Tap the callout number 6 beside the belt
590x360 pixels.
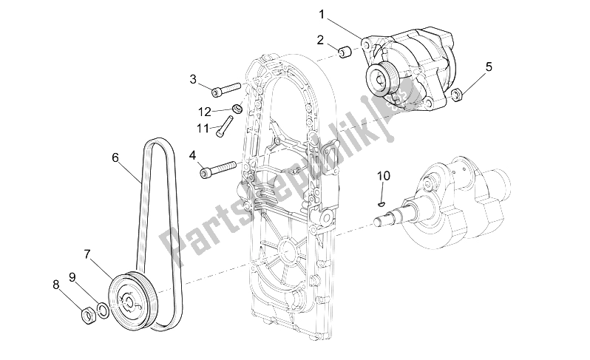[115, 157]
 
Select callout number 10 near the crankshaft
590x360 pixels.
[382, 176]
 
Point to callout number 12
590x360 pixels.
[205, 112]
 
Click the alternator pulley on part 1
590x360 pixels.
[383, 76]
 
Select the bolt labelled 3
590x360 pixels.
[226, 91]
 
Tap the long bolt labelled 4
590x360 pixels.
[218, 170]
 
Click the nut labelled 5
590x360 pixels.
[457, 94]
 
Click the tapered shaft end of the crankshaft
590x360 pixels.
[390, 220]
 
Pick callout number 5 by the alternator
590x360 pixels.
[489, 68]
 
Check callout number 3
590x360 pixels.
[193, 79]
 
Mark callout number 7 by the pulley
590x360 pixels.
[87, 254]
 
